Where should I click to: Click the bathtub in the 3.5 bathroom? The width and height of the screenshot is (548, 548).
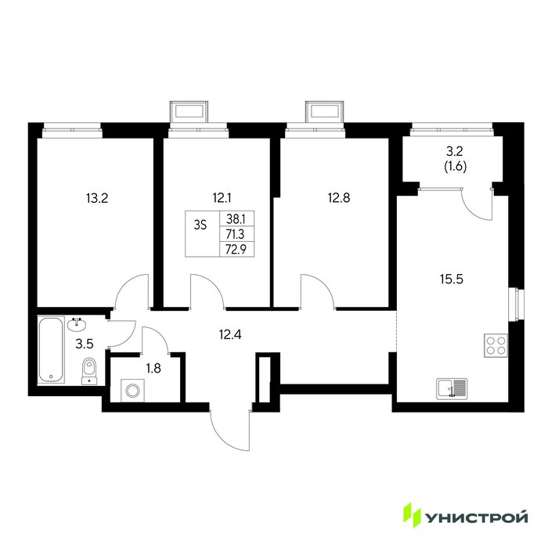[x=51, y=349]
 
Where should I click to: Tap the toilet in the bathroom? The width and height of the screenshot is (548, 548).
[x=89, y=371]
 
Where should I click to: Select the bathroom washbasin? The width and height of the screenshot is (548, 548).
[x=77, y=324]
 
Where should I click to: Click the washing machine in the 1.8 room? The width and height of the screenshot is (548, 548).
[x=132, y=390]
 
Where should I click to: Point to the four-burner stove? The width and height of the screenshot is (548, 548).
[x=496, y=345]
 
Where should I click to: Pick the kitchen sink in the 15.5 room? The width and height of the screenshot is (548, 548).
[x=452, y=388]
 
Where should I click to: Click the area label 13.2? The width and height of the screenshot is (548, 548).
[x=97, y=199]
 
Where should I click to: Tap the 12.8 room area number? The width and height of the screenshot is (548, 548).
[x=339, y=198]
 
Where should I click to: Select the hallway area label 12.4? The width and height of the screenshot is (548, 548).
[x=230, y=335]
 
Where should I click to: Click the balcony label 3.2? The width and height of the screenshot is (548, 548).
[x=455, y=151]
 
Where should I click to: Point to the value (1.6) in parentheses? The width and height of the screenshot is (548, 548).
[x=456, y=167]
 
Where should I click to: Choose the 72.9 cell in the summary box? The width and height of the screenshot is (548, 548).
[x=236, y=250]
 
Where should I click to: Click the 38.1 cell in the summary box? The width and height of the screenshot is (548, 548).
[x=236, y=219]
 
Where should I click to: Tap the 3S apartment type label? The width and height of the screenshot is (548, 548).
[x=200, y=225]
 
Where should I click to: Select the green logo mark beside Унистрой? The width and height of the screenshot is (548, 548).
[x=413, y=515]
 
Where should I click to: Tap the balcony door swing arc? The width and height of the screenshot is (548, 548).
[x=477, y=204]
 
